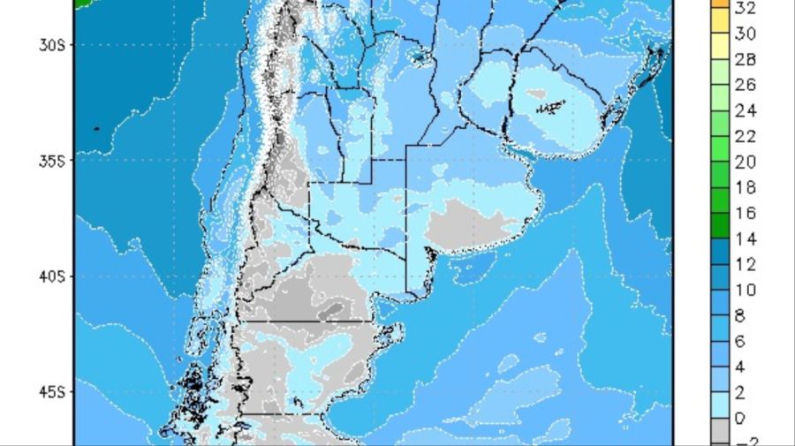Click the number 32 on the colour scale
point(745,8)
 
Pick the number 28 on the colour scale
point(745,59)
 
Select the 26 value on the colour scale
point(745,85)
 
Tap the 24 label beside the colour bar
point(745,110)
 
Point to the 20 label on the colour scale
point(745,162)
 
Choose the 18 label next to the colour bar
point(745,187)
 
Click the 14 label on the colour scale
point(745,238)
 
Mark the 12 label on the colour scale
point(745,264)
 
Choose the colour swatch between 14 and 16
point(721,226)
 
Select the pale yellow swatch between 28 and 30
point(721,47)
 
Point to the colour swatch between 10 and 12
point(721,277)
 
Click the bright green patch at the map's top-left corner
point(82,4)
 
